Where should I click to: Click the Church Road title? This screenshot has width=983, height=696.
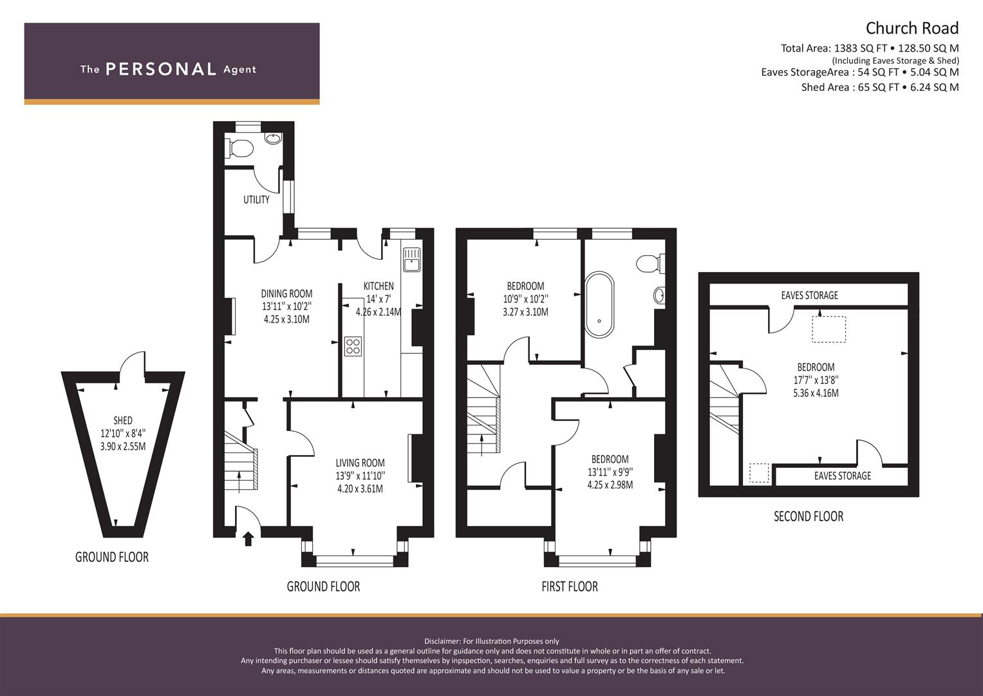click(x=912, y=28)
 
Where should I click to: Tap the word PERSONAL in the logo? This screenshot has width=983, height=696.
click(x=161, y=69)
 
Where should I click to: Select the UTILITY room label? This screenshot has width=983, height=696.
click(x=256, y=200)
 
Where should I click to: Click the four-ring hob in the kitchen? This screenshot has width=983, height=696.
click(x=353, y=346)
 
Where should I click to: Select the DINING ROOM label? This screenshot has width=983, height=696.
click(x=286, y=293)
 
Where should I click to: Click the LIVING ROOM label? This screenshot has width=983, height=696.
click(x=360, y=463)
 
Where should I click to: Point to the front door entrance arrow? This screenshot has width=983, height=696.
click(x=248, y=539)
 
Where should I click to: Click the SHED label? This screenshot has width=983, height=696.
click(x=123, y=420)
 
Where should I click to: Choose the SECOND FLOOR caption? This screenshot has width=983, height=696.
click(x=809, y=516)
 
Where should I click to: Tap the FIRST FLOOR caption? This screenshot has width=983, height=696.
click(x=570, y=586)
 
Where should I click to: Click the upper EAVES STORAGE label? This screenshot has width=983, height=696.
click(x=809, y=295)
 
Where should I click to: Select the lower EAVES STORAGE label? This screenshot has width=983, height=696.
click(x=843, y=476)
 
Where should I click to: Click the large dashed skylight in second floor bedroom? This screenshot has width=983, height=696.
click(x=829, y=329)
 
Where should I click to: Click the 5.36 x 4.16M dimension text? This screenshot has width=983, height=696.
click(x=816, y=393)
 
